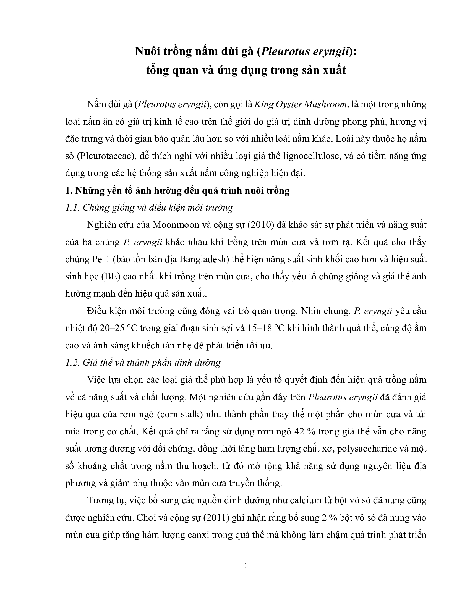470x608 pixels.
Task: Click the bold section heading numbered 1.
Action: [x=177, y=191]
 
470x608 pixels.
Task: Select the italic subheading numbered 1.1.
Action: [x=149, y=208]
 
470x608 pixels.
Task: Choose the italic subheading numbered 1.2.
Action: [x=143, y=363]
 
